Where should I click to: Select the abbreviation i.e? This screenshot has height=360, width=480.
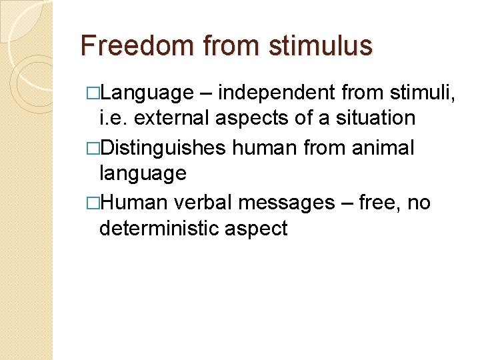click(113, 119)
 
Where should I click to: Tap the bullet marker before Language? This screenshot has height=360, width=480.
click(93, 92)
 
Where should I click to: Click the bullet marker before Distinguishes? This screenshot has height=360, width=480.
click(93, 147)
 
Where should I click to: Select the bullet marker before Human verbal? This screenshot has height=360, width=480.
click(93, 203)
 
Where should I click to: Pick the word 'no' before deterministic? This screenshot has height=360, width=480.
click(418, 202)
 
